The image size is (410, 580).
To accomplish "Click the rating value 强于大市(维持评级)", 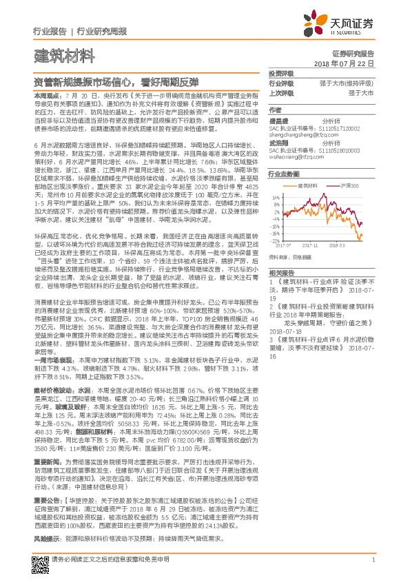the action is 350,83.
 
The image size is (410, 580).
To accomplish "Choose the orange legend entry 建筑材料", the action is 308,185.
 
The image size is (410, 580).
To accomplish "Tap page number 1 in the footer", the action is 371,559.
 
